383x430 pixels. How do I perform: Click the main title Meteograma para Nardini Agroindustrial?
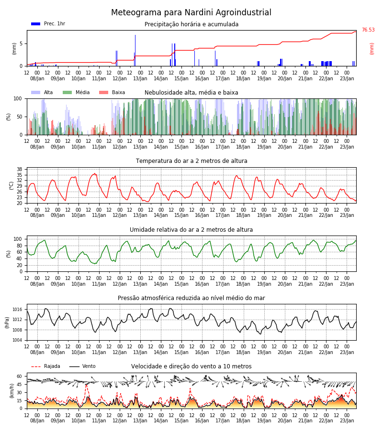[191, 12]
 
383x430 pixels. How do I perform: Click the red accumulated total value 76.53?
[368, 30]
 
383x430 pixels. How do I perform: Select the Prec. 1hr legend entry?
[48, 24]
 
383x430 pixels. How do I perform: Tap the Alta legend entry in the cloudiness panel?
[42, 92]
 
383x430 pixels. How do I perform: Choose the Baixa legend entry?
[112, 92]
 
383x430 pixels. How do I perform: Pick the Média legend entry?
[76, 92]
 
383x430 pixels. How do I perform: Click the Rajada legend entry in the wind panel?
[45, 366]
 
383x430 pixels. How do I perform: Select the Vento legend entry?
[82, 366]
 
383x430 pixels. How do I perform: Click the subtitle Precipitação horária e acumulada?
[191, 24]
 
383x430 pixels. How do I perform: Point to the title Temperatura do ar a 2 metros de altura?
[191, 161]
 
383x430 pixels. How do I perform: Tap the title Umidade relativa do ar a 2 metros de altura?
[191, 230]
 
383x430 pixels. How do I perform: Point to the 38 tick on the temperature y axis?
[20, 170]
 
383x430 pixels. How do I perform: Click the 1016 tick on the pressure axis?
[17, 310]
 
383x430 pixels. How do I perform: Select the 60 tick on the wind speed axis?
[20, 376]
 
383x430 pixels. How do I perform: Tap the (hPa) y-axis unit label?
[7, 322]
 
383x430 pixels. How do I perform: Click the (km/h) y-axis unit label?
[11, 391]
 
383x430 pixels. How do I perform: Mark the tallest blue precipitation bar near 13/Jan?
[135, 51]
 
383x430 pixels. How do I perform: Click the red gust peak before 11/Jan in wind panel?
[86, 385]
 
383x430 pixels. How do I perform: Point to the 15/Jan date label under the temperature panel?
[181, 215]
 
